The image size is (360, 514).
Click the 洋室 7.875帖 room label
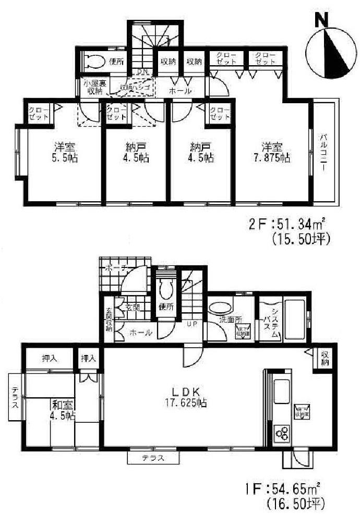(x=269, y=151)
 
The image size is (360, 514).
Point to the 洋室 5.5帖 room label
(x=65, y=151)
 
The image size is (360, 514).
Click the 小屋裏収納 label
(x=94, y=87)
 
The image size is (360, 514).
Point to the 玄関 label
(x=131, y=308)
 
